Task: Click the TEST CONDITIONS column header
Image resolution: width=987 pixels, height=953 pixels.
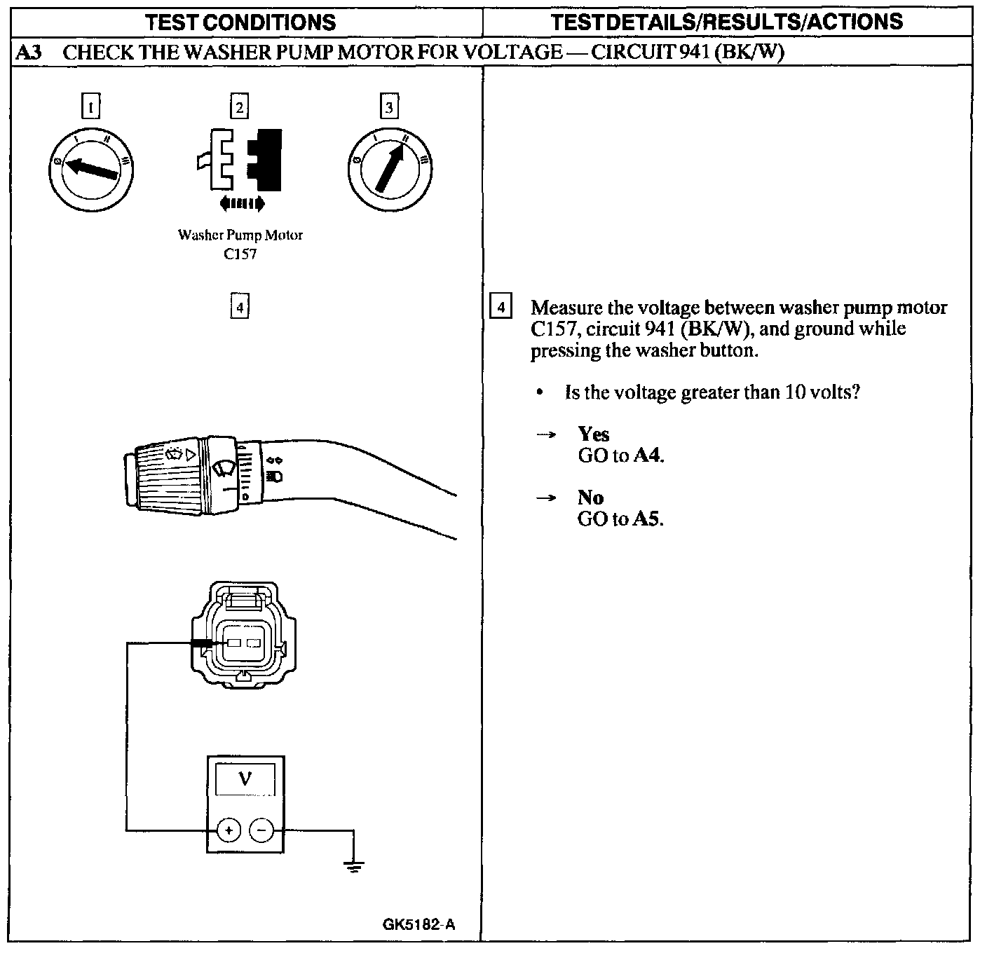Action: pos(240,22)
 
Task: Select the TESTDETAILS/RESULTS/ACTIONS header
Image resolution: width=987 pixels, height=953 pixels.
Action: pos(727,22)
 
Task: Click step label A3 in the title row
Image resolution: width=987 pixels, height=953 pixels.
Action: pos(27,53)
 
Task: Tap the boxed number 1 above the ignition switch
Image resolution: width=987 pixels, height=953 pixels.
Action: pos(91,107)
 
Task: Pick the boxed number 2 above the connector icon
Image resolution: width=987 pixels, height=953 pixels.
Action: pos(240,107)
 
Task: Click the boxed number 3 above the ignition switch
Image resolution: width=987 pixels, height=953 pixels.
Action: pos(389,107)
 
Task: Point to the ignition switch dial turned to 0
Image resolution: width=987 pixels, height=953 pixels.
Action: pos(90,168)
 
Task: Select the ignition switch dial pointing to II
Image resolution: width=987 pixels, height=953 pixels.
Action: pos(389,169)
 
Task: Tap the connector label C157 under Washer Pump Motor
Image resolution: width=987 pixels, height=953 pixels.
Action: pos(240,254)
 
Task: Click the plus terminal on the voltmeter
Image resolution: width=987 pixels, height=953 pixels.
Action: pos(229,830)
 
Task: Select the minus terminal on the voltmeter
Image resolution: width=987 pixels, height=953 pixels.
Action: pos(261,830)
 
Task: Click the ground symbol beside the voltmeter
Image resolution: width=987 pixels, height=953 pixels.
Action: pos(354,868)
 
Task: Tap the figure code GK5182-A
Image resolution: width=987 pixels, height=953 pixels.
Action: pos(418,924)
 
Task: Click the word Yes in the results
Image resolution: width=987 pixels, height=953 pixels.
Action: pos(594,434)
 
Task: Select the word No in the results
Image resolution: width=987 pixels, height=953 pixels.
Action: pos(590,498)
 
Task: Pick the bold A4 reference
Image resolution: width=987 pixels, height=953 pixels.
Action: pos(648,456)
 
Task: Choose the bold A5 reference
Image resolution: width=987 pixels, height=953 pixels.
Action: pos(648,519)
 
